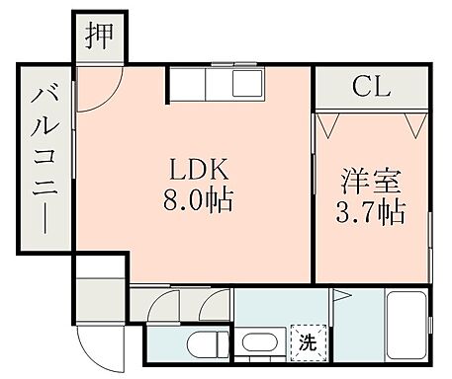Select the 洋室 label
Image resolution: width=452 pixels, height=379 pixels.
click(x=371, y=183)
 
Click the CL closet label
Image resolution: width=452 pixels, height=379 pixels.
click(x=371, y=86)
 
